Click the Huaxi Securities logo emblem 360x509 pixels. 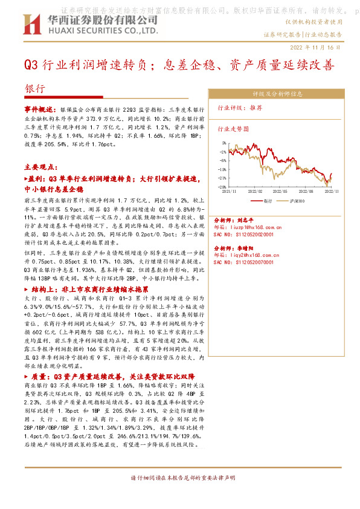30,24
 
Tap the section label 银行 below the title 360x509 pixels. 34,88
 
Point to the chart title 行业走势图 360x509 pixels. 233,129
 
